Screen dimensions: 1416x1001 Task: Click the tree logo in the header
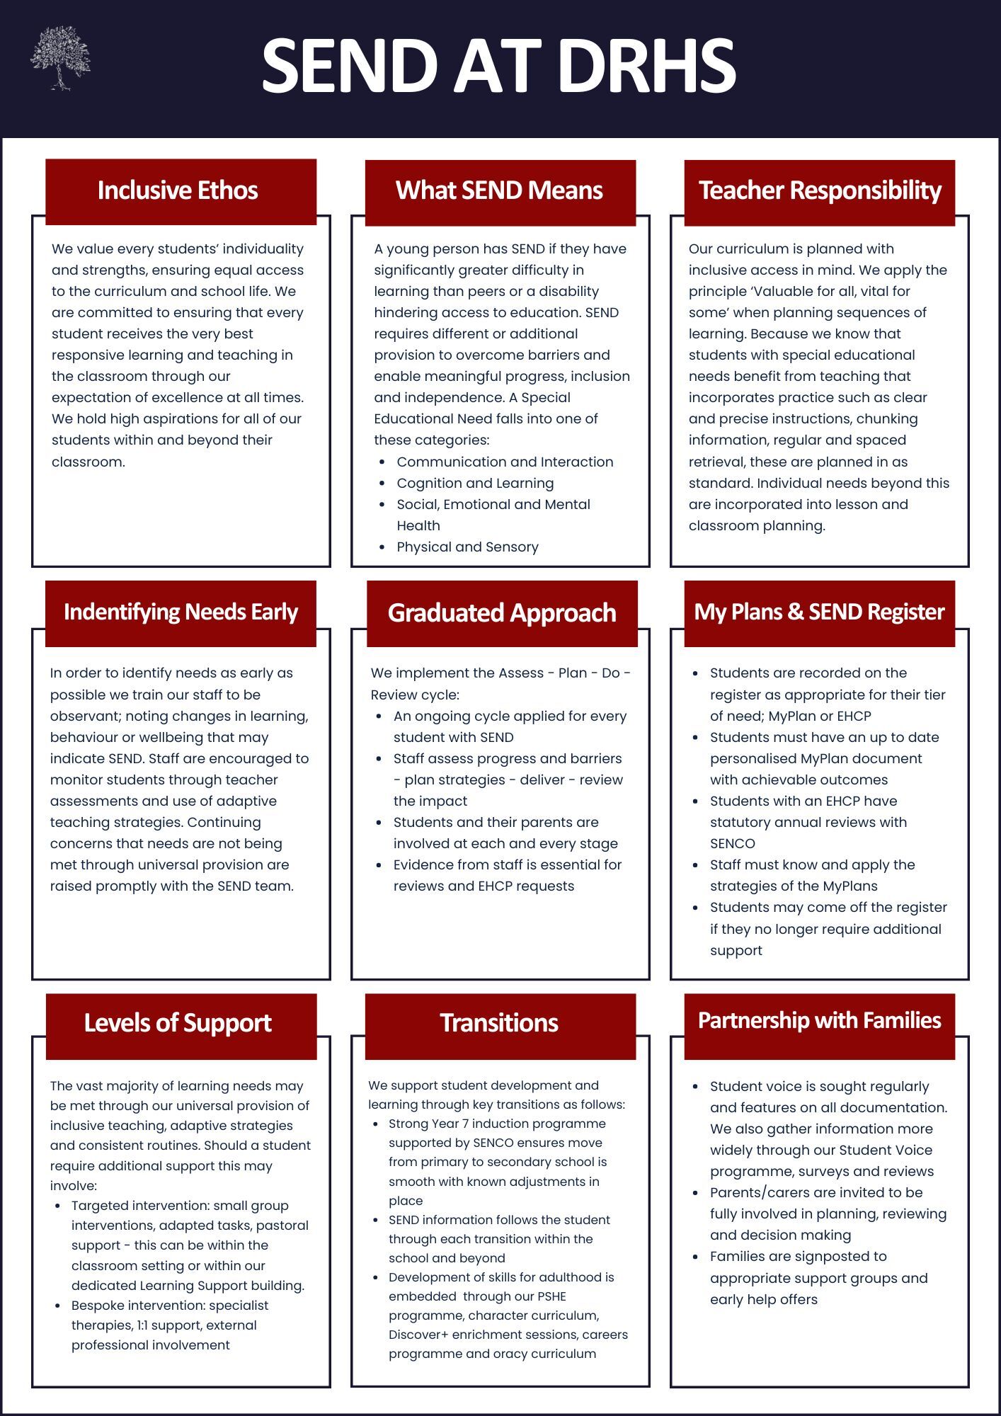click(61, 59)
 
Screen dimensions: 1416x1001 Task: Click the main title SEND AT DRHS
click(499, 66)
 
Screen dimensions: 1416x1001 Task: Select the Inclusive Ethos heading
click(178, 190)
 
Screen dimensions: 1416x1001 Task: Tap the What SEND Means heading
click(499, 190)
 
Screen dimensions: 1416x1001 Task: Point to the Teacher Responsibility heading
click(820, 190)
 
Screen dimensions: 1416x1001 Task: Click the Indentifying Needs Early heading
click(181, 612)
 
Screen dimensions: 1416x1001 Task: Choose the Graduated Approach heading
click(502, 613)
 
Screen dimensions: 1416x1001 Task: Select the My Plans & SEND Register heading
click(819, 612)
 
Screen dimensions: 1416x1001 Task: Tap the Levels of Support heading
click(178, 1023)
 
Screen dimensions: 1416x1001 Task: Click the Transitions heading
click(499, 1023)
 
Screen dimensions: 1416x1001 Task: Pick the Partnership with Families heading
click(819, 1020)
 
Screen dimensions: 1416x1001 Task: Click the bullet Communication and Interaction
click(505, 462)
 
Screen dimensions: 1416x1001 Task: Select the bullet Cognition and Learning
click(475, 483)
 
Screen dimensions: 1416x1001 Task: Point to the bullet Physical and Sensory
click(467, 547)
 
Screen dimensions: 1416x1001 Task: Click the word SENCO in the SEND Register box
click(733, 843)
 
